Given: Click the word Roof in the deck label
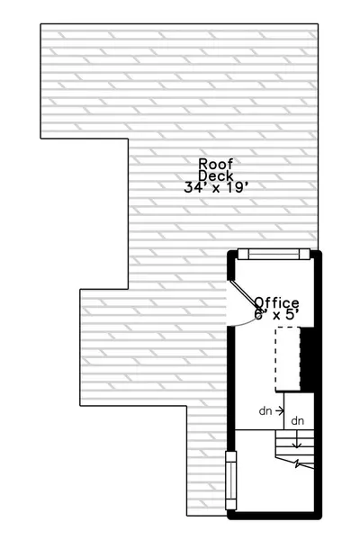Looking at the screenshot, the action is (x=216, y=164).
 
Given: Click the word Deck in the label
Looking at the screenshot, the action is (x=216, y=175).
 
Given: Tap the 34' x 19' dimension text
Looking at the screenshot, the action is (x=216, y=188).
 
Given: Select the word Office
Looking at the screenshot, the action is (x=276, y=303).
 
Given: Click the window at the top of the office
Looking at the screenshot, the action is (x=274, y=254).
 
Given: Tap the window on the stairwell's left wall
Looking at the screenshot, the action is (x=230, y=481).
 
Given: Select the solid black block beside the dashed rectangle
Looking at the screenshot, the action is (x=307, y=359).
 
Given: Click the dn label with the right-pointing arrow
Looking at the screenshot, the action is (x=265, y=411).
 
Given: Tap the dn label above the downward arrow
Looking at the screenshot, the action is (x=297, y=421).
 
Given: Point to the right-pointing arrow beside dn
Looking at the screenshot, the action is (x=280, y=410).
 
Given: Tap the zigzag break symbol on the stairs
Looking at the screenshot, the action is (x=297, y=463).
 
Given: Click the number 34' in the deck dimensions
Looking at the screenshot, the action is (x=194, y=188).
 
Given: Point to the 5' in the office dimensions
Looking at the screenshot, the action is (x=292, y=314).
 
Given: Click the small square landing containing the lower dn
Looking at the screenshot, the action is (x=299, y=411).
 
